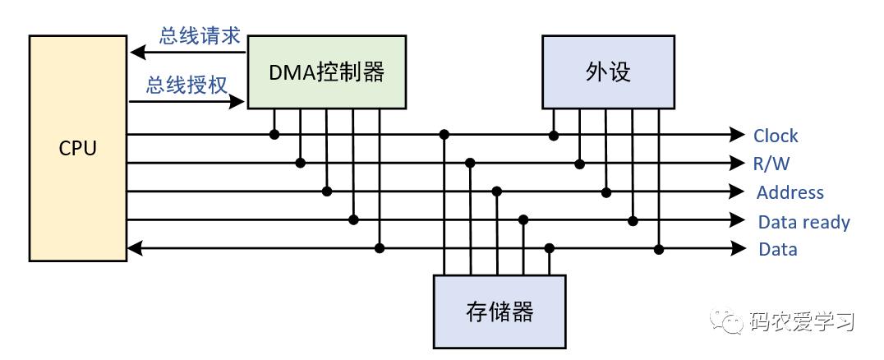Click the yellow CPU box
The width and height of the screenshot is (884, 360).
pyautogui.click(x=78, y=148)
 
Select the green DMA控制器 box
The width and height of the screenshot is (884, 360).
pyautogui.click(x=327, y=72)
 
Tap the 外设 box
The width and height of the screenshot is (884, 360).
pyautogui.click(x=608, y=72)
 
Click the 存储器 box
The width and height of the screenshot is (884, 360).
pyautogui.click(x=500, y=312)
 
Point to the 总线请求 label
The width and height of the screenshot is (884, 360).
pyautogui.click(x=200, y=35)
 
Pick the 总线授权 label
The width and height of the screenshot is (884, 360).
pyautogui.click(x=187, y=85)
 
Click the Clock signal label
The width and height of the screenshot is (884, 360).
pyautogui.click(x=776, y=136)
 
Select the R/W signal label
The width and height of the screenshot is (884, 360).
pyautogui.click(x=771, y=164)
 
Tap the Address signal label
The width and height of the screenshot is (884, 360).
pyautogui.click(x=790, y=192)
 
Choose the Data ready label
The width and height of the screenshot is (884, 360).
pyautogui.click(x=803, y=222)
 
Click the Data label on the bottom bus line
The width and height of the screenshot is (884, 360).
pyautogui.click(x=777, y=249)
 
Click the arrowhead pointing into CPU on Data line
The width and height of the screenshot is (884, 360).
pyautogui.click(x=136, y=247)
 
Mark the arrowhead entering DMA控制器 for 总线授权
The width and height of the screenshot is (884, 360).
pyautogui.click(x=238, y=102)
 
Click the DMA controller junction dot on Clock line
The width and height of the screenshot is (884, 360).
pyautogui.click(x=274, y=134)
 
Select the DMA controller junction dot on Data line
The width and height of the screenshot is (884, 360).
pyautogui.click(x=380, y=247)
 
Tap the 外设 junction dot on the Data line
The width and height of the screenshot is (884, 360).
pyautogui.click(x=659, y=247)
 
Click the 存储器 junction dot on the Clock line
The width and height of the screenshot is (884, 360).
pyautogui.click(x=444, y=134)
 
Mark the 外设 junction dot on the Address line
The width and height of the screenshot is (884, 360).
pyautogui.click(x=606, y=192)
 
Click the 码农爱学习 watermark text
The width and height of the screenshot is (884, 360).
pyautogui.click(x=802, y=321)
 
